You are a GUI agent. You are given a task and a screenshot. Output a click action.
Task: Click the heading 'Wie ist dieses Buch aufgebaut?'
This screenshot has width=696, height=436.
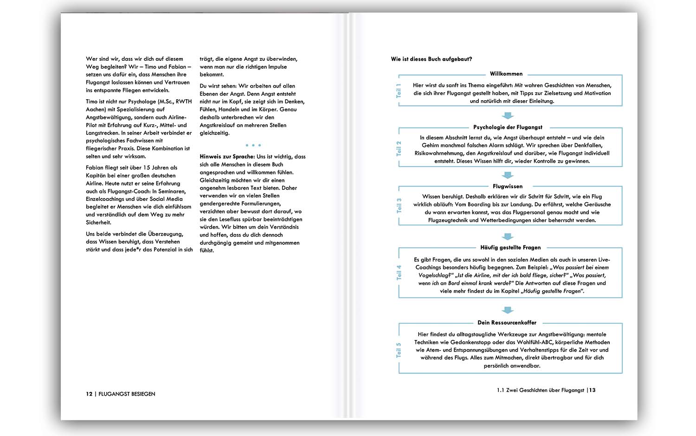pyautogui.click(x=432, y=59)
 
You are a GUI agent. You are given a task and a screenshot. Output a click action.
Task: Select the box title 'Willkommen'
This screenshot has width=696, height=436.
pyautogui.click(x=506, y=74)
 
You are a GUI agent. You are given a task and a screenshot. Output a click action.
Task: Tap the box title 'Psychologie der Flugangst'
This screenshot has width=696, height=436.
pyautogui.click(x=508, y=127)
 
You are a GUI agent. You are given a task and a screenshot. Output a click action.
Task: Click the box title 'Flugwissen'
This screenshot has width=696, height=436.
pyautogui.click(x=508, y=186)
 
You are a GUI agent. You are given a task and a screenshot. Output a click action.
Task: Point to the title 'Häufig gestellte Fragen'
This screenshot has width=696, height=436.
pyautogui.click(x=510, y=248)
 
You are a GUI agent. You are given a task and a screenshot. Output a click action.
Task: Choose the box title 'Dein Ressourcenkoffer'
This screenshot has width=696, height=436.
pyautogui.click(x=507, y=323)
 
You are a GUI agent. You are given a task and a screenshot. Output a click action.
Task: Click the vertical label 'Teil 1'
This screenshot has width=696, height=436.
pyautogui.click(x=399, y=90)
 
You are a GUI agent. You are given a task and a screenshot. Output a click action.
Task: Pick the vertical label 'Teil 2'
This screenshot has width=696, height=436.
pyautogui.click(x=399, y=148)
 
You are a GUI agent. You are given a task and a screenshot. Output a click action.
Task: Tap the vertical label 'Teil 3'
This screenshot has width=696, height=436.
pyautogui.click(x=399, y=205)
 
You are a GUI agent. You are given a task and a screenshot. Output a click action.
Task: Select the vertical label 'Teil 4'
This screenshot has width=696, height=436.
pyautogui.click(x=399, y=273)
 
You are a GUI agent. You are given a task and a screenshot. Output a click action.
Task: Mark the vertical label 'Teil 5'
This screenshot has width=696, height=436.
pyautogui.click(x=399, y=350)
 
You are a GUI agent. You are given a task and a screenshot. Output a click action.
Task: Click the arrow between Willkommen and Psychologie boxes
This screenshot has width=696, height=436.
pyautogui.click(x=508, y=115)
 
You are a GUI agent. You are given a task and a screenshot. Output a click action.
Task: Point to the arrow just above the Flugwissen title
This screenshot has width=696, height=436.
pyautogui.click(x=508, y=175)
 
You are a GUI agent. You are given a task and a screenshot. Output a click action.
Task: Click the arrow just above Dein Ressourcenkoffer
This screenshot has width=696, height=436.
pyautogui.click(x=508, y=310)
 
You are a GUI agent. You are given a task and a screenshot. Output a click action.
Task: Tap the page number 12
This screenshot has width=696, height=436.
pyautogui.click(x=89, y=394)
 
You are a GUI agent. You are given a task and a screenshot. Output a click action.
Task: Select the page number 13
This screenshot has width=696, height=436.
pyautogui.click(x=592, y=391)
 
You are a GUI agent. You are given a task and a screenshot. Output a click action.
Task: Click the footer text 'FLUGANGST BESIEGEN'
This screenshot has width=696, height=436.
pyautogui.click(x=127, y=394)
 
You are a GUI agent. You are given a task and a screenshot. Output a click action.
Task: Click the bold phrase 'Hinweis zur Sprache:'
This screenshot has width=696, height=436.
pyautogui.click(x=227, y=157)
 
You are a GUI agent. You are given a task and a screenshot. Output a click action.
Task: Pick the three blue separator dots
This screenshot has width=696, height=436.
pyautogui.click(x=253, y=145)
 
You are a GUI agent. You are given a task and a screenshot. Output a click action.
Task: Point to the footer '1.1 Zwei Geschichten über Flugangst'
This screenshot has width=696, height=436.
pyautogui.click(x=540, y=391)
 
